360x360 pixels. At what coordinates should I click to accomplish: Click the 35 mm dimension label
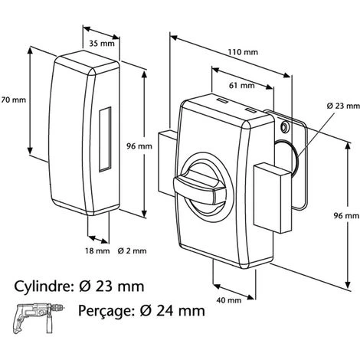(x=102, y=44)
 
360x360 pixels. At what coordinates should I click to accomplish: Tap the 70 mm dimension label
(x=13, y=100)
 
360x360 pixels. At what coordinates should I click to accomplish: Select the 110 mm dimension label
(x=243, y=52)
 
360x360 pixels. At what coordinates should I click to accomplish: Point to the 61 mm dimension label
(x=242, y=85)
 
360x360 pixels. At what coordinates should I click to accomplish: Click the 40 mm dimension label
(x=229, y=300)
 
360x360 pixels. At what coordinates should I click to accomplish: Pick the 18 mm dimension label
(x=97, y=251)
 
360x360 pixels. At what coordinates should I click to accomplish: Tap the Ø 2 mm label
(x=133, y=251)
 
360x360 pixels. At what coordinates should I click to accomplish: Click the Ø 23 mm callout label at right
(x=343, y=106)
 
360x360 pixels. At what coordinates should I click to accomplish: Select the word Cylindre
(x=42, y=286)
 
